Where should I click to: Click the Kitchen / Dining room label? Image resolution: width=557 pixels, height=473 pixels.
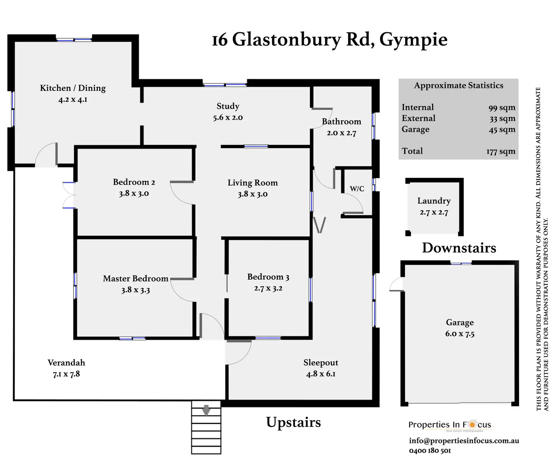73,88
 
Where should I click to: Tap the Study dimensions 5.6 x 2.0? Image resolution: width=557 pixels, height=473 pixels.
228,118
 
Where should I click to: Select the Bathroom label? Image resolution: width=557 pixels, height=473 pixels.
341,122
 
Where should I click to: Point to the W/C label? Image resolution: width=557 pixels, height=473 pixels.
357,189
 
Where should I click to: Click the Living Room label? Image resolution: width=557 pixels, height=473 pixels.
252,183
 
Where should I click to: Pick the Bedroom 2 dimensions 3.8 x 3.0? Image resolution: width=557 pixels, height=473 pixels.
134,194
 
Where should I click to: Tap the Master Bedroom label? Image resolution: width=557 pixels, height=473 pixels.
135,279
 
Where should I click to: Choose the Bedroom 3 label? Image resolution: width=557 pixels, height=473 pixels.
268,277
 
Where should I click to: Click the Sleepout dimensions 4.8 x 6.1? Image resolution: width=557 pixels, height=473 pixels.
321,374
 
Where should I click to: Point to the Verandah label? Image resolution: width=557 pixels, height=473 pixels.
66,363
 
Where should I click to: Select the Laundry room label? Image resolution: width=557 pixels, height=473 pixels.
434,201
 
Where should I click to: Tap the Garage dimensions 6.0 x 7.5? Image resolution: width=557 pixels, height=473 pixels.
460,334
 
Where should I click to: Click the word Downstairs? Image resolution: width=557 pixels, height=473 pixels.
459,248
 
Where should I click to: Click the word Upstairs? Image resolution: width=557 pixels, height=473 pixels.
293,422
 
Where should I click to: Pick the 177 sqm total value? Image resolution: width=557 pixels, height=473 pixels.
501,151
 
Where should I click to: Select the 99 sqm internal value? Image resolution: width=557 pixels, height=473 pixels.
502,108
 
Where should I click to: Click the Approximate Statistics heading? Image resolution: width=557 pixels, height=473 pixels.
459,86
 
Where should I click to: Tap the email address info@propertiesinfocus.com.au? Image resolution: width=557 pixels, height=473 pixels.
464,441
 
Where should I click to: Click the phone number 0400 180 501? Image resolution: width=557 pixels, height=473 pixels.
430,451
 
